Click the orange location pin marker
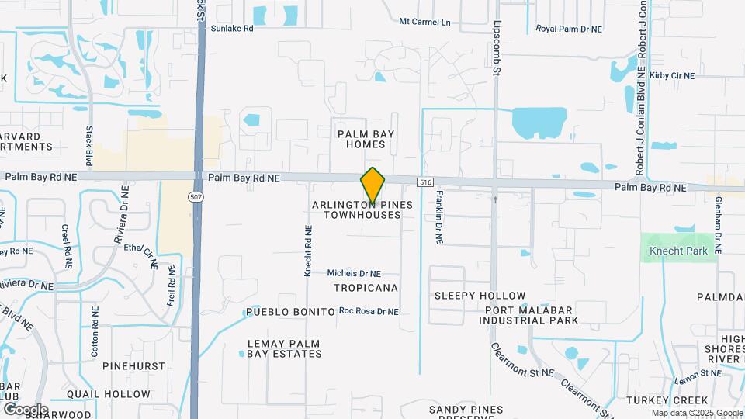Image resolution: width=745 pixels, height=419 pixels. pos(372,185)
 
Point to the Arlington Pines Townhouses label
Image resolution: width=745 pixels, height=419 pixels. pos(357,209)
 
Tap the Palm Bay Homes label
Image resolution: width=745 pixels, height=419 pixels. pos(366,139)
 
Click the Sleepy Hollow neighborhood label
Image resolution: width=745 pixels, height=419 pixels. pos(480,296)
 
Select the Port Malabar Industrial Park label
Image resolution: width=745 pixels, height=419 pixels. pos(531,315)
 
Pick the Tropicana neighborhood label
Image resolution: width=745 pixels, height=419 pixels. pos(366,288)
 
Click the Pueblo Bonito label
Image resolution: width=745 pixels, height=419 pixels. pos(289,312)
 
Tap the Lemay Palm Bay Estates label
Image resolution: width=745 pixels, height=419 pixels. pos(284,348)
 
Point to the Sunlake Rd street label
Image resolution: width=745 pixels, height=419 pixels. pos(231,28)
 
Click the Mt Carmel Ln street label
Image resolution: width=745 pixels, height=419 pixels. pos(424,22)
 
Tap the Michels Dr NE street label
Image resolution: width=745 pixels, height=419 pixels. pos(354,273)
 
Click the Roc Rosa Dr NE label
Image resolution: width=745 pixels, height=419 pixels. pos(369,311)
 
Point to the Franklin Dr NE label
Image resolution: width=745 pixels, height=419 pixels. pos(439,218)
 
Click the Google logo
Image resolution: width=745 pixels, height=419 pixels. pos(26,409)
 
